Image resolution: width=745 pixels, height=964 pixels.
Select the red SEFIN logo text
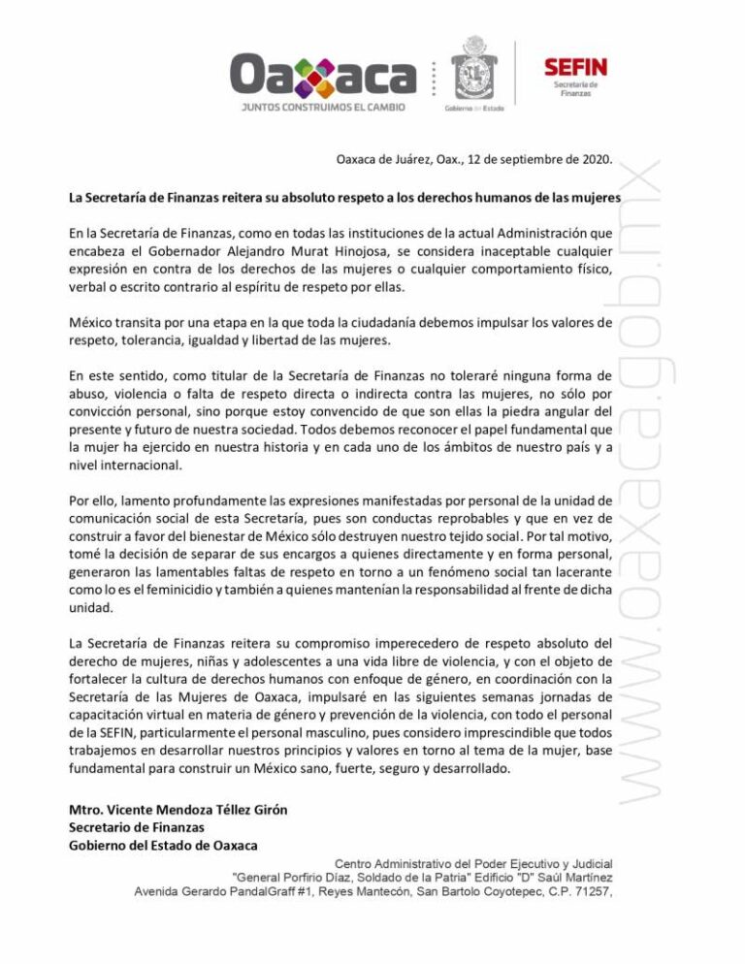click(x=574, y=67)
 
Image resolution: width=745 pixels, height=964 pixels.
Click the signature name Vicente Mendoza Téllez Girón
click(x=178, y=810)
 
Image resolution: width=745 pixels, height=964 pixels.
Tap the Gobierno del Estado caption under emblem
click(x=475, y=109)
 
